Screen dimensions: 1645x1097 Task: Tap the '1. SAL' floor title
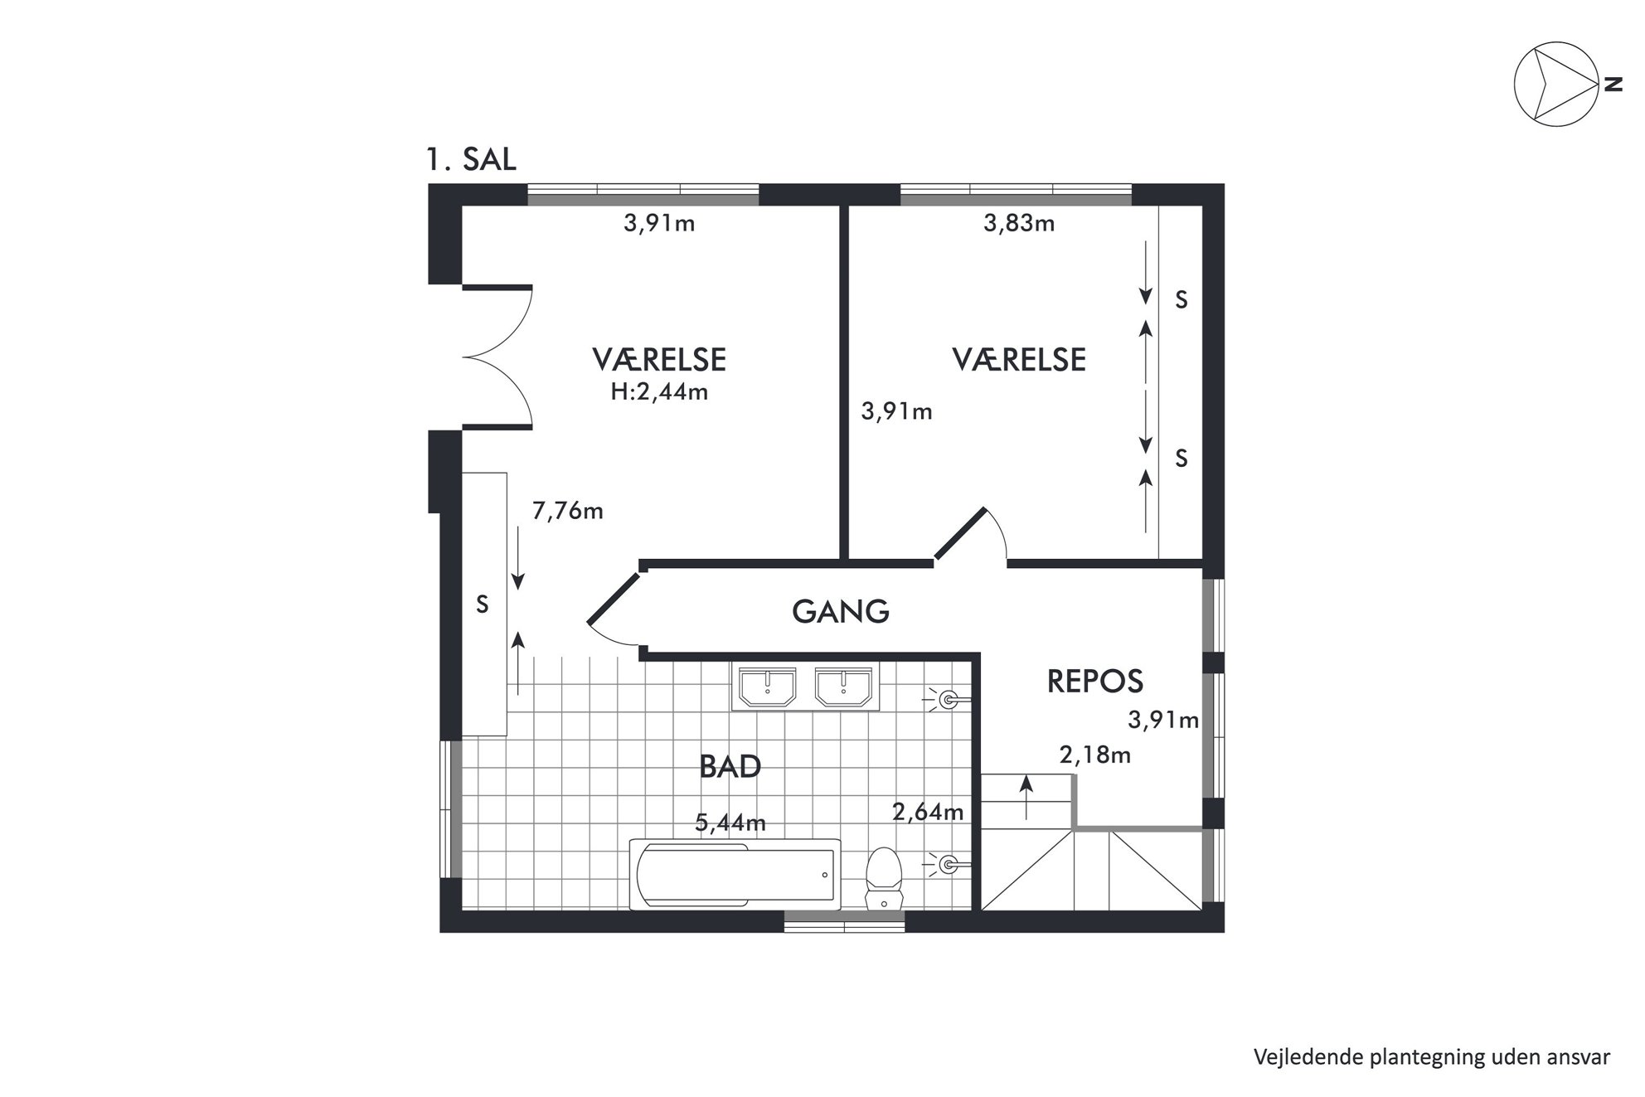pyautogui.click(x=471, y=159)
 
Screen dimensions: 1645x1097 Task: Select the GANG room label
pyautogui.click(x=841, y=612)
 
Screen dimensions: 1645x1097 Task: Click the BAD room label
pyautogui.click(x=730, y=766)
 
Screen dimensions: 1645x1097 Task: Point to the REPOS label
pyautogui.click(x=1095, y=682)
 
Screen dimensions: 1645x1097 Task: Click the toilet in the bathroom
pyautogui.click(x=883, y=877)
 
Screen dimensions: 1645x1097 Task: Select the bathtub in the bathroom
pyautogui.click(x=735, y=874)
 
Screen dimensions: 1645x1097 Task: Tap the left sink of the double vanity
pyautogui.click(x=768, y=687)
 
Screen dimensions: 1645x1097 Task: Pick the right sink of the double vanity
pyautogui.click(x=844, y=687)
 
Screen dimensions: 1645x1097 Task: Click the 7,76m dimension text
pyautogui.click(x=567, y=511)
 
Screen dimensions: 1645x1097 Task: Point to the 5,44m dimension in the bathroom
pyautogui.click(x=730, y=823)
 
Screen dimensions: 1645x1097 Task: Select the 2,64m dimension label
pyautogui.click(x=928, y=811)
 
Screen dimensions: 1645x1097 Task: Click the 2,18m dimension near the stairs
pyautogui.click(x=1095, y=755)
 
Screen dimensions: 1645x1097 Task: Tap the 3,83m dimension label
pyautogui.click(x=1019, y=223)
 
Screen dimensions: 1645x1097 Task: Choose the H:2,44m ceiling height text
pyautogui.click(x=659, y=391)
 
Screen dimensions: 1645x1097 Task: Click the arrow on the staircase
pyautogui.click(x=1026, y=797)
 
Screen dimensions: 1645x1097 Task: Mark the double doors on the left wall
pyautogui.click(x=497, y=357)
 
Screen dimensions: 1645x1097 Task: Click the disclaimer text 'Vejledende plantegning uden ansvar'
pyautogui.click(x=1432, y=1057)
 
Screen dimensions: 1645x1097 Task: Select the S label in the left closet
pyautogui.click(x=483, y=605)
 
